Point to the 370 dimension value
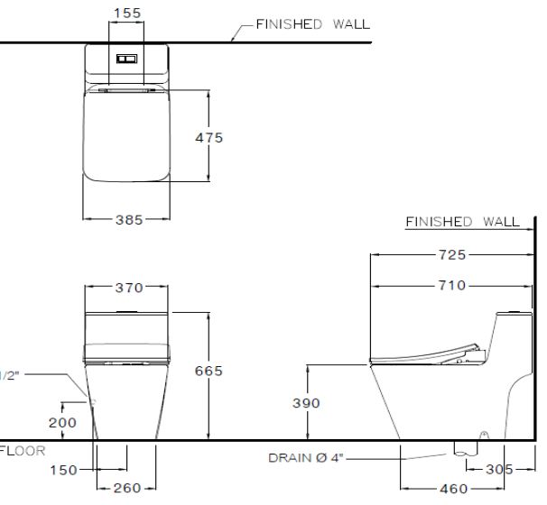pyautogui.click(x=128, y=288)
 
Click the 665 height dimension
pyautogui.click(x=209, y=371)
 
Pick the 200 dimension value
pyautogui.click(x=62, y=421)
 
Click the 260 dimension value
pyautogui.click(x=126, y=488)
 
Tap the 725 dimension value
pyautogui.click(x=451, y=255)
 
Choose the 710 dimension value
pyautogui.click(x=452, y=286)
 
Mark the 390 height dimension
pyautogui.click(x=307, y=403)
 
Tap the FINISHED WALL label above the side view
pyautogui.click(x=462, y=221)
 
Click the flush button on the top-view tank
pyautogui.click(x=125, y=59)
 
